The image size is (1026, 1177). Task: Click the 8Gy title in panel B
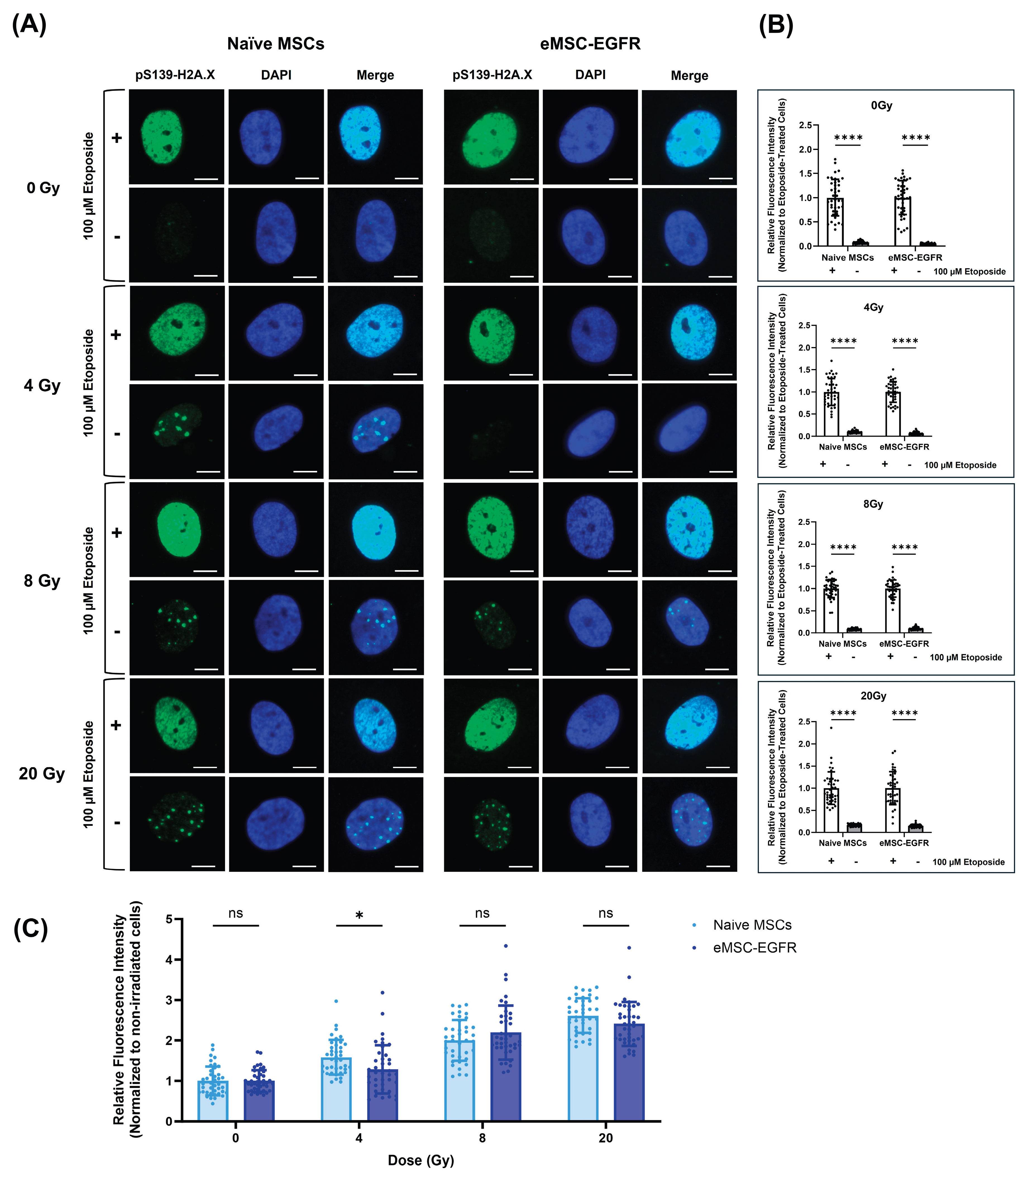[x=873, y=504]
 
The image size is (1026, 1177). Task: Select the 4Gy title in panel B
[x=873, y=307]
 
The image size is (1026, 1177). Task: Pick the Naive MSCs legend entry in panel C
[x=752, y=925]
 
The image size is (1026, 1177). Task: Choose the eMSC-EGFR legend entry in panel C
[x=754, y=948]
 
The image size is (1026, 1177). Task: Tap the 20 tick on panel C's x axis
[x=606, y=1138]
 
